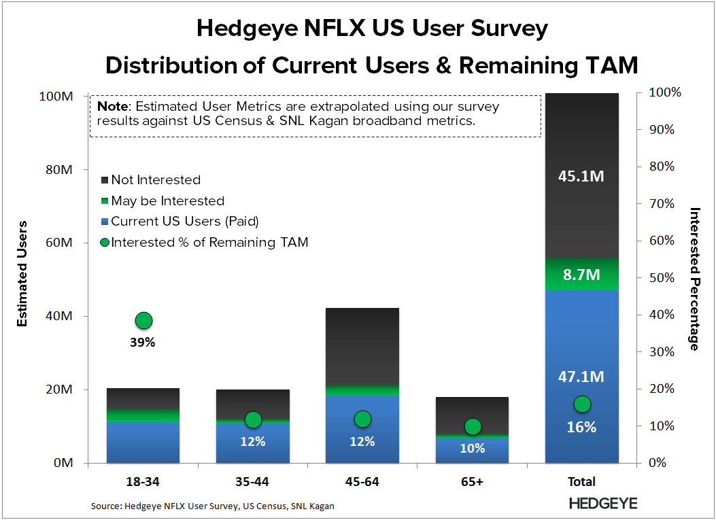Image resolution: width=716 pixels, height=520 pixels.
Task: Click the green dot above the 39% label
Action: click(143, 320)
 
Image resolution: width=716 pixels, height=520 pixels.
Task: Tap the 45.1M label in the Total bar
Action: click(581, 176)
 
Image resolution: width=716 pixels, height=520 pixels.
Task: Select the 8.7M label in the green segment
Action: click(581, 275)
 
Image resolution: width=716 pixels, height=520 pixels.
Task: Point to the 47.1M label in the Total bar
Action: click(581, 377)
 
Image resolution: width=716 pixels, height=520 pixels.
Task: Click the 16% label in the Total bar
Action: click(581, 428)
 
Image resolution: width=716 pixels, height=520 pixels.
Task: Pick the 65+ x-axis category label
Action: click(472, 482)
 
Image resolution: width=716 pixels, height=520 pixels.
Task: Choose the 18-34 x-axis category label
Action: click(143, 482)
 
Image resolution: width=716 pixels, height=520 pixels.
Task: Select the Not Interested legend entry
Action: click(156, 180)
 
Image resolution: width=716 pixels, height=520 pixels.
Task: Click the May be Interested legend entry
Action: click(167, 201)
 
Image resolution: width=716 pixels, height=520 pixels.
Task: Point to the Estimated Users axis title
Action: click(22, 273)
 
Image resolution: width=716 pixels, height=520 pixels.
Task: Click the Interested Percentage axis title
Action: click(694, 279)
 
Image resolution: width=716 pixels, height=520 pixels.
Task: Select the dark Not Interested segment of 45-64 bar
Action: click(362, 347)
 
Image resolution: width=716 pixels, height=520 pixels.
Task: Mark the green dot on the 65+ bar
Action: click(472, 426)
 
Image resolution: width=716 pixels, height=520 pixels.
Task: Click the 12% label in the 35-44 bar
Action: click(253, 441)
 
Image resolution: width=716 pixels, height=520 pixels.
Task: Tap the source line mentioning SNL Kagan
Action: click(213, 506)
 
